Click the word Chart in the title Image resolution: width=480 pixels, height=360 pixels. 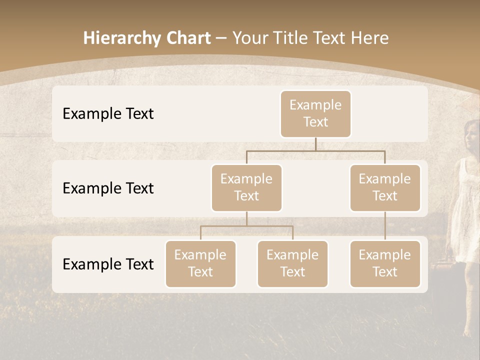(x=188, y=38)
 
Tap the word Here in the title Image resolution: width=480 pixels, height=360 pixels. (x=369, y=38)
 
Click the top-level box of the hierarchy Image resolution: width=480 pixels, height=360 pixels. (x=315, y=113)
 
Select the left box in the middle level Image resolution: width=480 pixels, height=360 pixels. (x=246, y=187)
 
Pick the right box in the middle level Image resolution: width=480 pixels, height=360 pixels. (x=385, y=187)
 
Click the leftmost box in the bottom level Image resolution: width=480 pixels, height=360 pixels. (x=200, y=263)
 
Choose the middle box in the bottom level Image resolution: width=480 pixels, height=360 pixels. (x=292, y=263)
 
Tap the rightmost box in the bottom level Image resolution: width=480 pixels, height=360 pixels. (x=385, y=263)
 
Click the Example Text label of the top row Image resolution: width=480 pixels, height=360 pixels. (x=108, y=114)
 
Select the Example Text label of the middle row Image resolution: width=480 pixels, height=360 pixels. (x=108, y=188)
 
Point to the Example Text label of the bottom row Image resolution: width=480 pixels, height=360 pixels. (x=108, y=264)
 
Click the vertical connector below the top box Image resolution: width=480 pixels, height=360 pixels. (x=315, y=144)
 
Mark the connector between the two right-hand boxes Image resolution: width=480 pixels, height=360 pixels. (x=385, y=226)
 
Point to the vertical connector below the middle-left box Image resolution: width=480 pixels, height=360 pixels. (x=246, y=218)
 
